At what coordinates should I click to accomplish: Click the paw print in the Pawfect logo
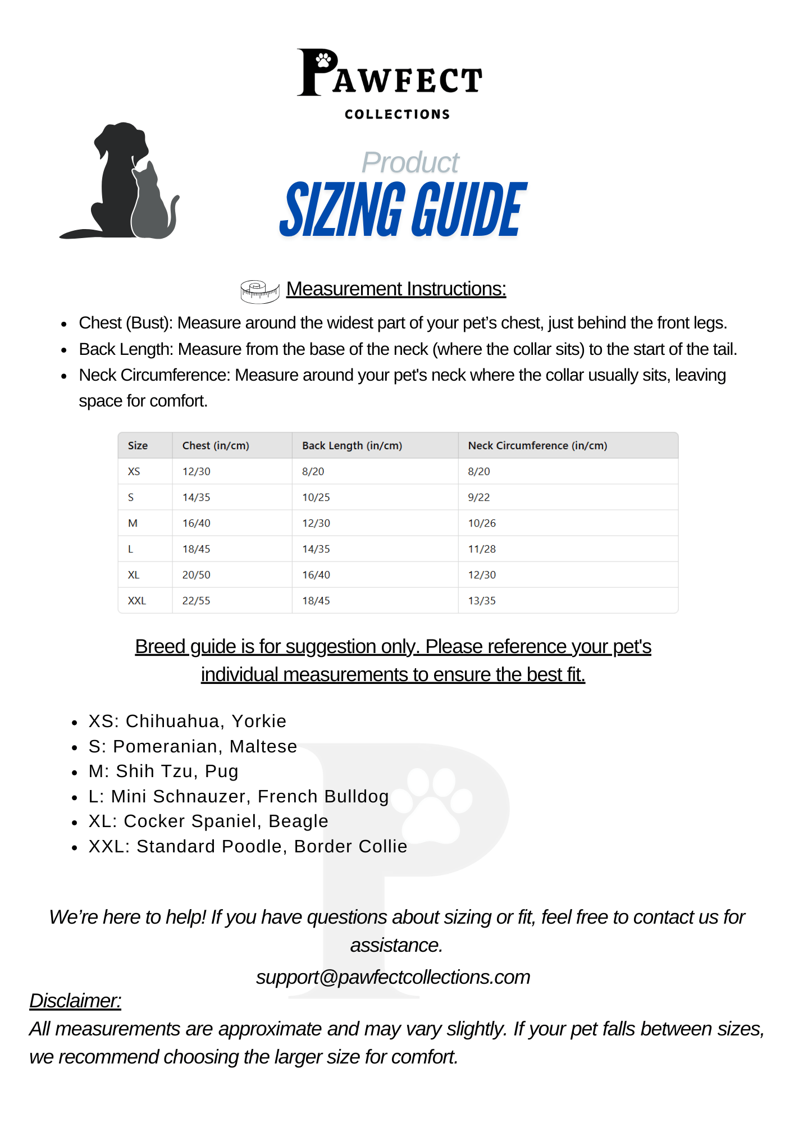[323, 60]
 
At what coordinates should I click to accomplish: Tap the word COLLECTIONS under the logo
[397, 115]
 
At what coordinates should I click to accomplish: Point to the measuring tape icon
[259, 291]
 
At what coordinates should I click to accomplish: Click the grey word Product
[410, 163]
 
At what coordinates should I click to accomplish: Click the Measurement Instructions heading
[396, 289]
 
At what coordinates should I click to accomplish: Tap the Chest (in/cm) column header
[216, 446]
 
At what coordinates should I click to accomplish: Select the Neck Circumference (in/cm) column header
[537, 446]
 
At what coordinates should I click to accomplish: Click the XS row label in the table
[134, 472]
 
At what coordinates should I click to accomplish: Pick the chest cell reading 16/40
[196, 523]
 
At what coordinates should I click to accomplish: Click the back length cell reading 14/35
[316, 549]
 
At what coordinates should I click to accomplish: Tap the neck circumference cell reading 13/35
[482, 601]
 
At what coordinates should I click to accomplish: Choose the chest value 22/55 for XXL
[196, 601]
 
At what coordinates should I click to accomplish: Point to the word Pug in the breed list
[221, 772]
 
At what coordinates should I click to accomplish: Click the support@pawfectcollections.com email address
[393, 978]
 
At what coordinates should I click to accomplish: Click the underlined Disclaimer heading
[75, 1001]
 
